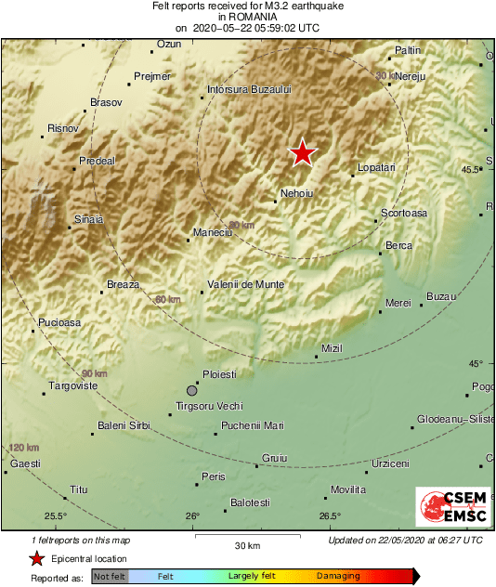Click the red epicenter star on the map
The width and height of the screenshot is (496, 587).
click(x=302, y=153)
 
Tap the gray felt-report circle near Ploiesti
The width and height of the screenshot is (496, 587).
click(x=192, y=390)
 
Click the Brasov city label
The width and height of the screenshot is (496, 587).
click(x=106, y=102)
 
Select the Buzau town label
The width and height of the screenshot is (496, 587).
click(x=441, y=297)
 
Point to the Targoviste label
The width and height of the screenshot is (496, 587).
click(x=72, y=385)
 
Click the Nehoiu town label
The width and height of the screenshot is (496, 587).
click(x=296, y=194)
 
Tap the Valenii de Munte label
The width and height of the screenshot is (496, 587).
click(x=246, y=284)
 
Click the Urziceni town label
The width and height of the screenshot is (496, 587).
click(x=390, y=463)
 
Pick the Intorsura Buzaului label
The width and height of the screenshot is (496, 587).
click(x=250, y=90)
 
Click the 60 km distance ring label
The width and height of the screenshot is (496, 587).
click(x=169, y=300)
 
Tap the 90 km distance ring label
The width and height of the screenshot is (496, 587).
click(x=93, y=373)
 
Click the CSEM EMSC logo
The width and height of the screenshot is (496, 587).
click(x=449, y=508)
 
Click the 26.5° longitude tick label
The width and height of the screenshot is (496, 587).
click(x=331, y=516)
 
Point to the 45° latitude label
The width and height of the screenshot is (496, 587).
click(x=476, y=363)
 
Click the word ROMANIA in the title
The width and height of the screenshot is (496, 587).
click(x=247, y=17)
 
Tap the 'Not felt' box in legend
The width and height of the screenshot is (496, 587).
click(x=110, y=577)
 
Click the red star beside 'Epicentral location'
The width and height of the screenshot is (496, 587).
click(x=36, y=558)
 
